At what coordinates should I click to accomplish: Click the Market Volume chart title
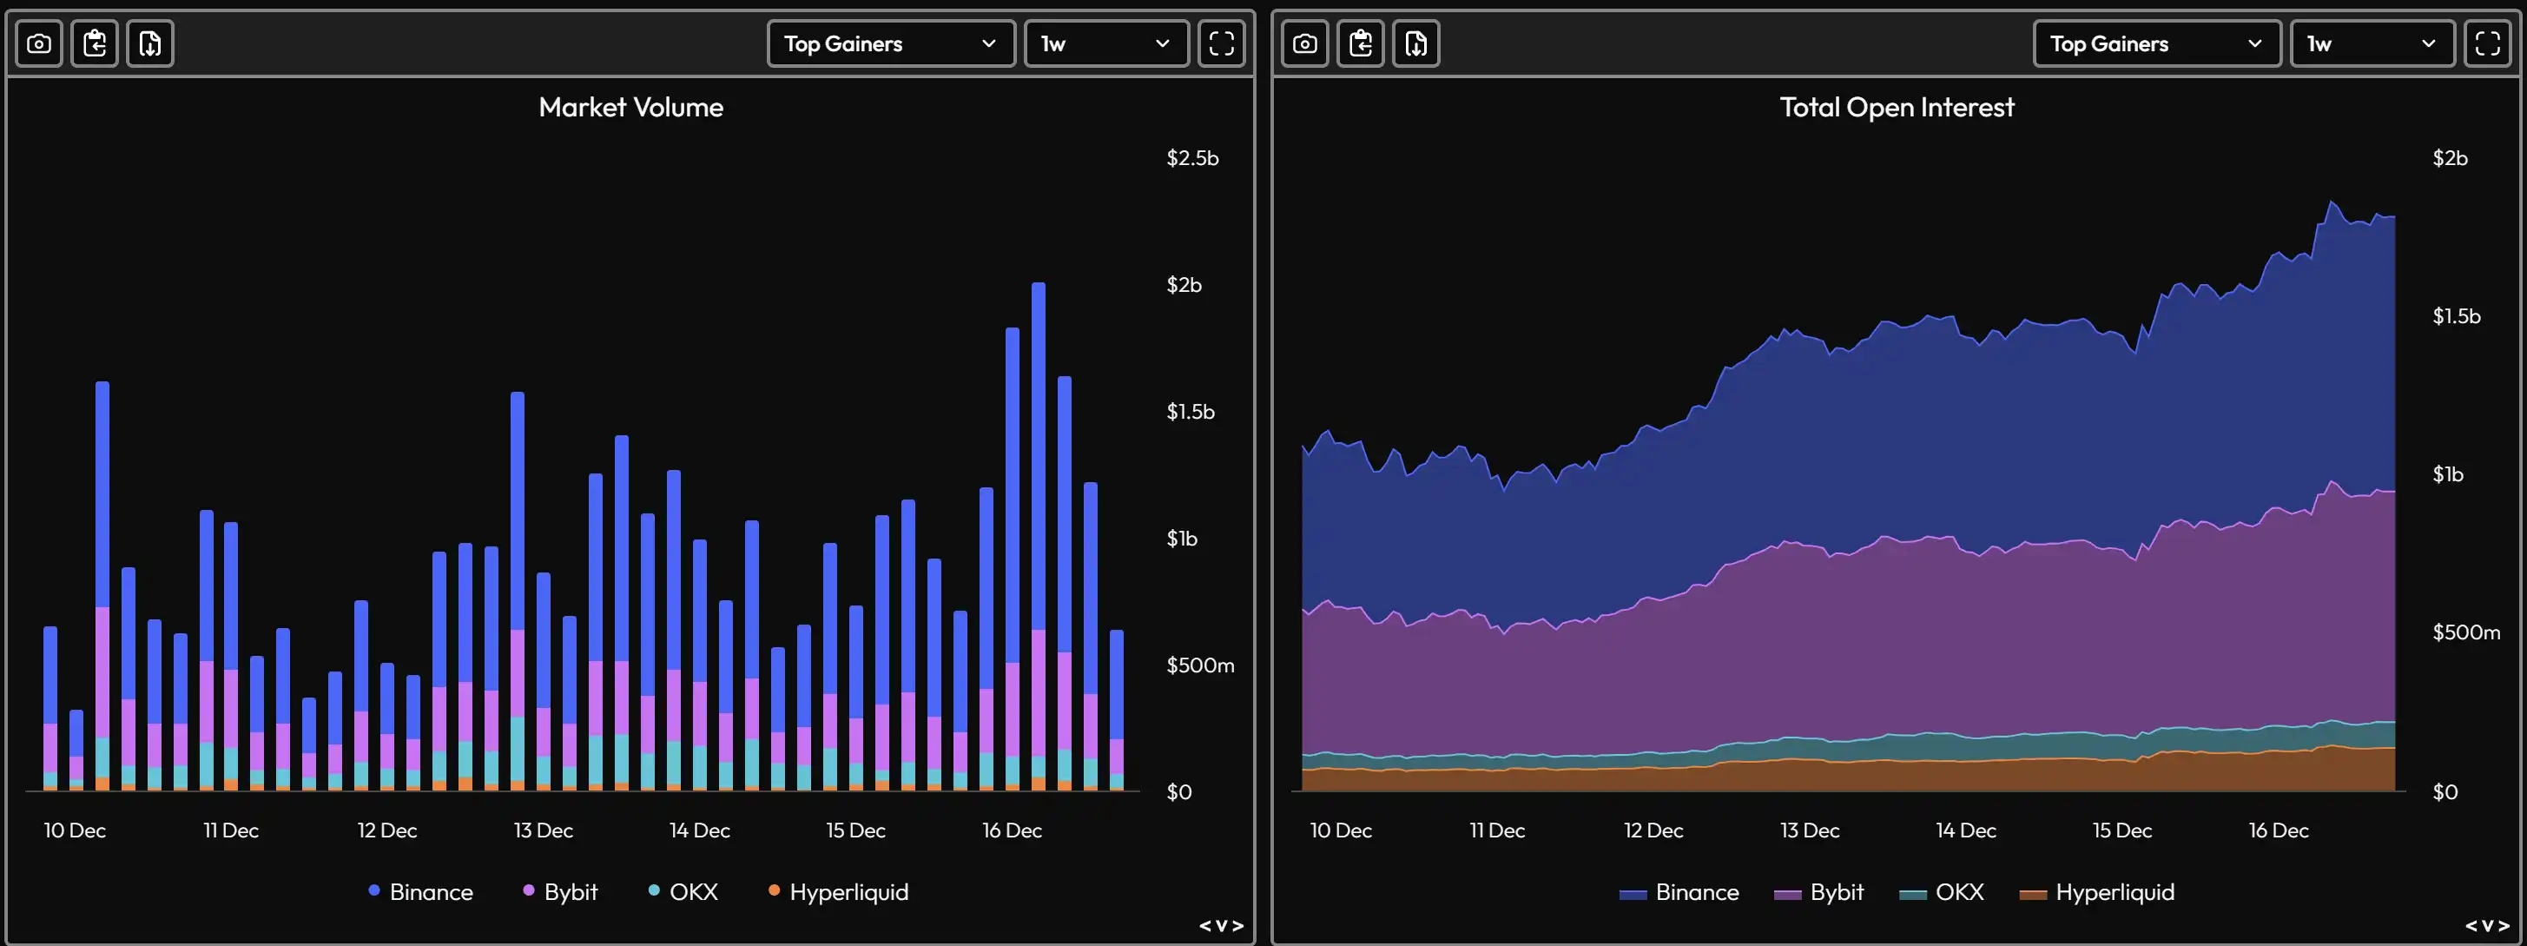point(630,107)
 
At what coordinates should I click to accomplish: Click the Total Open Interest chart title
point(1897,107)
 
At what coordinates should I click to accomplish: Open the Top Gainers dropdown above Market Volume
point(890,43)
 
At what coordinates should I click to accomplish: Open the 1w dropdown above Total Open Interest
point(2370,43)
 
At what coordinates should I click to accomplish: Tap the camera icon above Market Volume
point(39,43)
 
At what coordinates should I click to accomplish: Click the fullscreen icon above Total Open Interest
point(2487,43)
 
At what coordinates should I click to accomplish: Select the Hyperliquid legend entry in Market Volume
point(839,891)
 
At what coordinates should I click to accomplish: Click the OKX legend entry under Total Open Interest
point(1943,891)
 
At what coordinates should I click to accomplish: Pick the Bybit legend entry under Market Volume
point(560,891)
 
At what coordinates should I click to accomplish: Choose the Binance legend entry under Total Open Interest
point(1679,891)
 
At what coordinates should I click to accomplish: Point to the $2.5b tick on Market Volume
point(1192,158)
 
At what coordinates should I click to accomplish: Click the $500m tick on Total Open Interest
point(2465,632)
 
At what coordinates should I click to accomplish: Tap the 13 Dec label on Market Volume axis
point(544,830)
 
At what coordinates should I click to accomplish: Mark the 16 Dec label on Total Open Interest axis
point(2278,830)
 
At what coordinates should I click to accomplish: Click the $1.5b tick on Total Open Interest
point(2456,316)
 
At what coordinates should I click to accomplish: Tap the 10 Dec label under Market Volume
point(75,830)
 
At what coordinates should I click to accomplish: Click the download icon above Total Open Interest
point(1415,43)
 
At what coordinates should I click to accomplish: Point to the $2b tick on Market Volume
point(1183,285)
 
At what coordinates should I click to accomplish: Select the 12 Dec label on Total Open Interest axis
point(1653,830)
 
